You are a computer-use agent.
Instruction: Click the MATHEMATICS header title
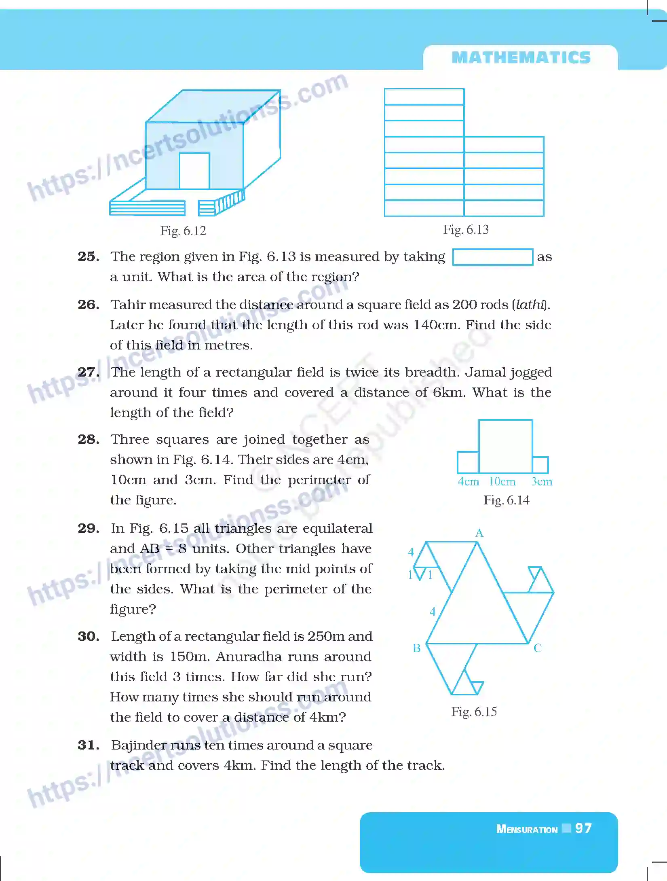point(521,57)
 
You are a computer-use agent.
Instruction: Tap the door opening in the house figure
point(194,171)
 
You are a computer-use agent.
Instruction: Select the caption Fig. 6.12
point(183,231)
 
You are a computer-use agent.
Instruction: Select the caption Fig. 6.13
point(466,230)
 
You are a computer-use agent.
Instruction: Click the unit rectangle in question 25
point(492,257)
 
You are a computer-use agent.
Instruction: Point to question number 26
point(88,305)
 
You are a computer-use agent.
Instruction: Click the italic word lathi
point(530,305)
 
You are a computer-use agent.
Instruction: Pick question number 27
point(88,372)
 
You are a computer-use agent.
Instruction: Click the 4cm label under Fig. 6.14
point(468,482)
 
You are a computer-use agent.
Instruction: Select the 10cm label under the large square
point(502,482)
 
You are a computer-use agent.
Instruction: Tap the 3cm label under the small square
point(542,482)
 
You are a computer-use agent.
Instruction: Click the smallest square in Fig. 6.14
point(540,465)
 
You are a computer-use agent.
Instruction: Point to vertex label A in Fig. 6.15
point(479,533)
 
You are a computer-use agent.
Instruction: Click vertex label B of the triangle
point(417,648)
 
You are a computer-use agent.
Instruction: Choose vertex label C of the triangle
point(538,648)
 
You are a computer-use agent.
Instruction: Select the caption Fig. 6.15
point(474,712)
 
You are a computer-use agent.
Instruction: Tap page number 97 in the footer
point(583,828)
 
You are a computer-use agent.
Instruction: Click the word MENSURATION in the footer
point(527,829)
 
